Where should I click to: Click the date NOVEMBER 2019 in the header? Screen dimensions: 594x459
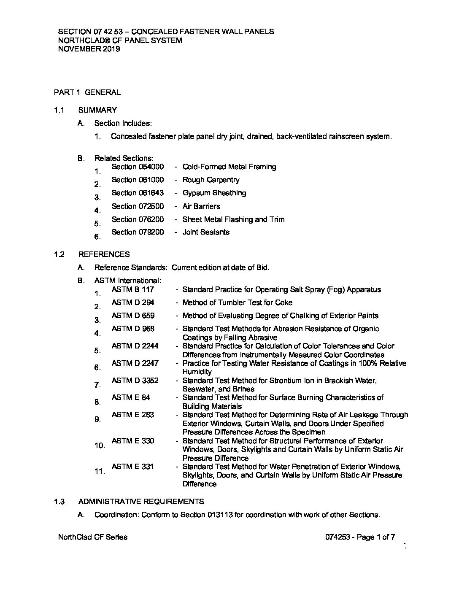coord(89,49)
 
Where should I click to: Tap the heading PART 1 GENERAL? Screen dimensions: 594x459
coord(87,92)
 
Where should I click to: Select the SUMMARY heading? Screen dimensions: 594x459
coord(97,110)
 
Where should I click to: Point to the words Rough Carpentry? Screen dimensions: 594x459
coord(211,180)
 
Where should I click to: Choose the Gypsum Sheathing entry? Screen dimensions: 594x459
coord(214,193)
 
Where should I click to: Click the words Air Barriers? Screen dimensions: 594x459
coord(201,206)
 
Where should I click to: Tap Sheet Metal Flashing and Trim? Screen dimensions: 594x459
coord(233,219)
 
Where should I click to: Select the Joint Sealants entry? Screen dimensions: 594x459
coord(206,232)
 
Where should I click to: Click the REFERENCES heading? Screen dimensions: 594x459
coord(104,254)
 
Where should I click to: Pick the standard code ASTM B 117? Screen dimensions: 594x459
coord(133,289)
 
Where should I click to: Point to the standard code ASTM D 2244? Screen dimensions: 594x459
coord(135,346)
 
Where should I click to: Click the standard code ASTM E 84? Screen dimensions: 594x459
coord(131,397)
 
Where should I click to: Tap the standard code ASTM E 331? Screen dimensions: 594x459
coord(132,467)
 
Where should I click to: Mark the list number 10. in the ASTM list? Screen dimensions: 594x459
coord(100,445)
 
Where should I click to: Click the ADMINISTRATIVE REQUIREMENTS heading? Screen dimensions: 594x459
coord(141,502)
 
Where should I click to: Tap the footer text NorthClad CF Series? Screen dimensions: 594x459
coord(93,537)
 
